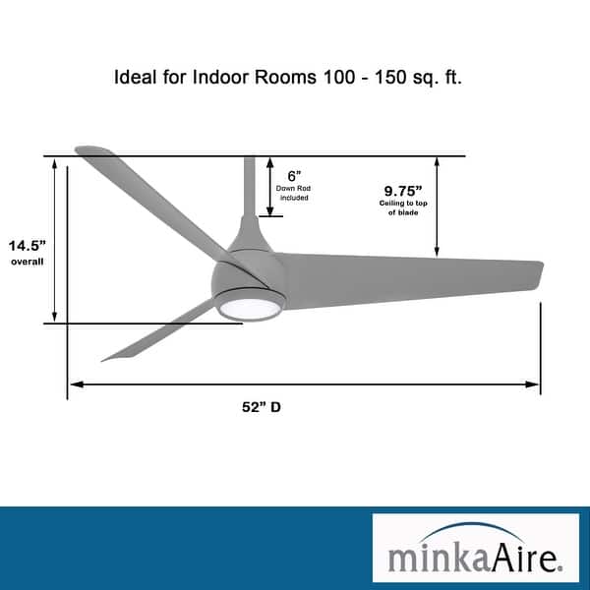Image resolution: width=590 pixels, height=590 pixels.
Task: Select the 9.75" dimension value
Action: coord(403,190)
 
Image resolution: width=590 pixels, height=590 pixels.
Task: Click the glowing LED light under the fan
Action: coord(249,308)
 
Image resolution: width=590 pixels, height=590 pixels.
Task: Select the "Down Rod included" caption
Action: coord(293,192)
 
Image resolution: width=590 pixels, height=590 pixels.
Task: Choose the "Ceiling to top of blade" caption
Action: coord(403,207)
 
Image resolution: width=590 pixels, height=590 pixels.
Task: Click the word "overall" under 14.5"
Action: coord(29,263)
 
